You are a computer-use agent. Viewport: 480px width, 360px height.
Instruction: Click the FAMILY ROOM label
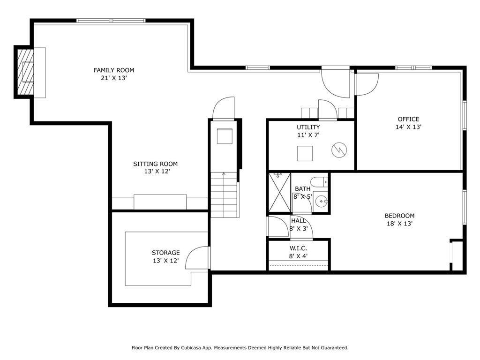click(114, 70)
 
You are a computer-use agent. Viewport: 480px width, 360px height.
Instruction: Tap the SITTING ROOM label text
click(156, 164)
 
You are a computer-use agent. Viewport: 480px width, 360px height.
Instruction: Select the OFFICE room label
click(409, 119)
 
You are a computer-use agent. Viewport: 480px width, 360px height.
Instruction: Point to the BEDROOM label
click(399, 216)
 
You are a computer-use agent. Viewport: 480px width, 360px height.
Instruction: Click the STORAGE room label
click(165, 253)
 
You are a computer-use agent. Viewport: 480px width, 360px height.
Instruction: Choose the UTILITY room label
click(308, 127)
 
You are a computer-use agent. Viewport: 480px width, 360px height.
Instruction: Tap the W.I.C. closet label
click(298, 248)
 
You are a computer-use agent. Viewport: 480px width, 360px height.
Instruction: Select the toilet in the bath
click(319, 182)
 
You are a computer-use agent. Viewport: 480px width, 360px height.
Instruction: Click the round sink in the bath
click(321, 202)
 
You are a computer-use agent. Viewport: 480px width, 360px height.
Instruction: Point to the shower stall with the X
click(280, 193)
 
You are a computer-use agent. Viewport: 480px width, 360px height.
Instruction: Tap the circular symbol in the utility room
click(339, 150)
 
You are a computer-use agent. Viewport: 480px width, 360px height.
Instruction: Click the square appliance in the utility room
click(305, 153)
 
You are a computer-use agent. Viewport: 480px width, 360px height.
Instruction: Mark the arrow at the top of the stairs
click(224, 174)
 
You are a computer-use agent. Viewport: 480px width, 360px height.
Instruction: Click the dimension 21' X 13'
click(114, 78)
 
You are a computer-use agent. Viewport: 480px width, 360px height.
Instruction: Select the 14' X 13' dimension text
click(409, 127)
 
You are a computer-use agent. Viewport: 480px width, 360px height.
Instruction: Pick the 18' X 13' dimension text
click(399, 224)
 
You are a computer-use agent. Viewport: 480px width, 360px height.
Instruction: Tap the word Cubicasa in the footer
click(191, 348)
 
